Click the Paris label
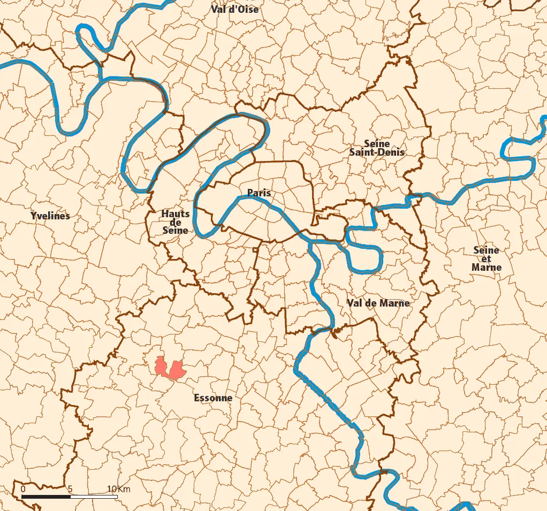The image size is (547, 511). point(259,193)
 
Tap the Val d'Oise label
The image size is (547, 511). point(234,9)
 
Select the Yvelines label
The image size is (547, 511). point(50,216)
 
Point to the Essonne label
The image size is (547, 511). point(213,398)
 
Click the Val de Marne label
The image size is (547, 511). point(378,303)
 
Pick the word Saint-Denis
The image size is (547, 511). point(377,152)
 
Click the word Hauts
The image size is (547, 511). point(176,214)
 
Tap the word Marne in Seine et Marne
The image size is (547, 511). point(487,267)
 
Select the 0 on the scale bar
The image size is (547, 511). point(22,489)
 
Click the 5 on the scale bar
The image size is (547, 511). point(70,489)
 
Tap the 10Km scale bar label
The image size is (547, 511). point(118,489)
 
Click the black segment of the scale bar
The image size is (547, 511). point(46,497)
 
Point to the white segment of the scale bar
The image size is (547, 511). point(94,497)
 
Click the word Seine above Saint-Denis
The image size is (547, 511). point(377,143)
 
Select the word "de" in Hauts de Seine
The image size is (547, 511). point(176,222)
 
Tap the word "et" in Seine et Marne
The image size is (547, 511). point(486,258)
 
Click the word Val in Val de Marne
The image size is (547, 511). point(355,303)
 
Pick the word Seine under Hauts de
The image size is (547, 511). point(176,230)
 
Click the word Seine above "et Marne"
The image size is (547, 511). point(486,250)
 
